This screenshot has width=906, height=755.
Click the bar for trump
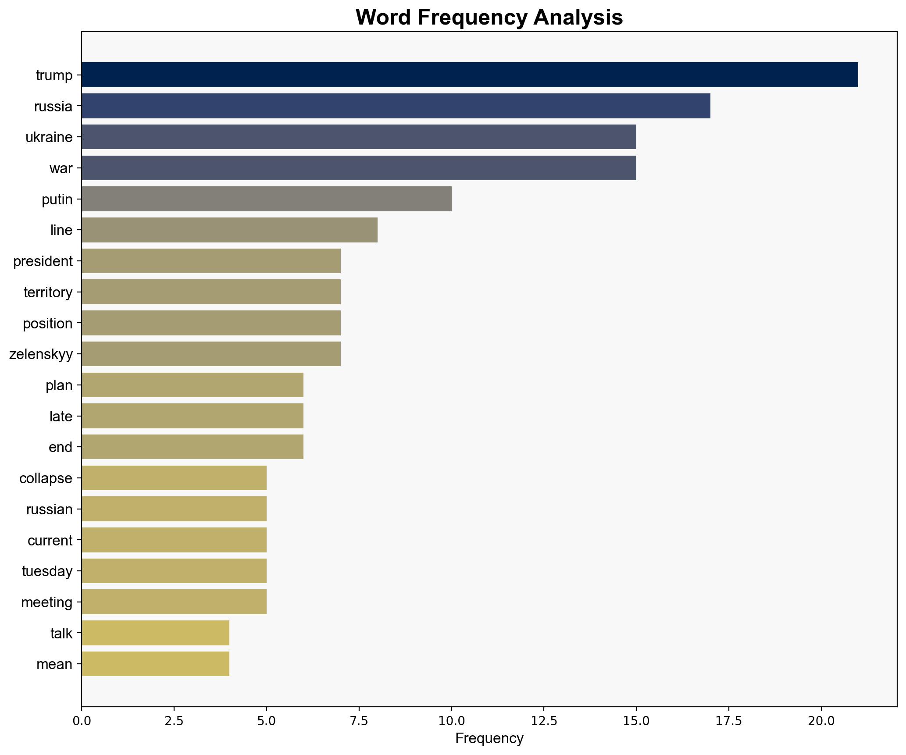pos(469,75)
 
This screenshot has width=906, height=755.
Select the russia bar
pos(396,106)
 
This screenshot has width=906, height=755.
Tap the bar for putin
pos(266,199)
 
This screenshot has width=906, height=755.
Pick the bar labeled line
pos(229,230)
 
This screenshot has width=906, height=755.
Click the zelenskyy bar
pos(211,354)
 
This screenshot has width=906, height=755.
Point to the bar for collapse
pos(174,478)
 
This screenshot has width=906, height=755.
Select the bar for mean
pos(155,664)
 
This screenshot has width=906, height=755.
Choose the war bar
pos(359,168)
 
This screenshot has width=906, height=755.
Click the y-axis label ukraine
pos(49,137)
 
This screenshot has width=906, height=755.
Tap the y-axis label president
pos(43,261)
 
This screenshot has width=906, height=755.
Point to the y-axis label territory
pos(48,292)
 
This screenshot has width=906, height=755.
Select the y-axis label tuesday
pos(47,571)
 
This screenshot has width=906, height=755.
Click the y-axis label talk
pos(61,633)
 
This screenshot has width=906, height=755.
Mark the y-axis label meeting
pos(46,602)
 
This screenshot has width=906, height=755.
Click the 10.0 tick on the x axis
pos(451,720)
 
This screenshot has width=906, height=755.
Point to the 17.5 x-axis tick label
pos(729,720)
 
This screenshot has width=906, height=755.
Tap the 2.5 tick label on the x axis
pos(174,720)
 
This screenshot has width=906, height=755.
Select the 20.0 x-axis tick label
pos(821,720)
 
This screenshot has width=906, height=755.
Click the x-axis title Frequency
pos(489,739)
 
